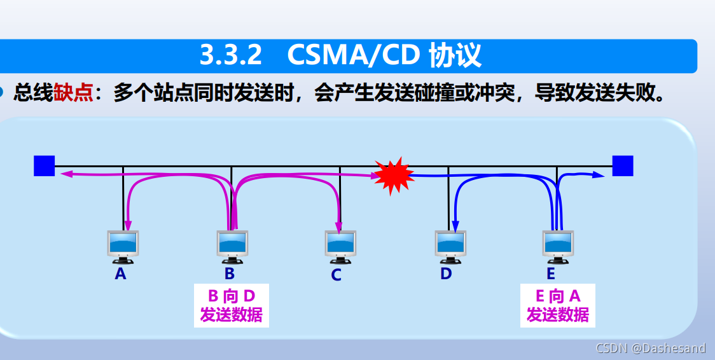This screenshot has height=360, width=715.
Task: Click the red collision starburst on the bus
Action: pyautogui.click(x=393, y=175)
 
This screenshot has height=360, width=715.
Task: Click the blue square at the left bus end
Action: pyautogui.click(x=44, y=165)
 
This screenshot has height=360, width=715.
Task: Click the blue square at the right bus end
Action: pyautogui.click(x=623, y=165)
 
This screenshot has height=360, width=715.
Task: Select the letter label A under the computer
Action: pyautogui.click(x=121, y=274)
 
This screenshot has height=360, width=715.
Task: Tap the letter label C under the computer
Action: pyautogui.click(x=337, y=275)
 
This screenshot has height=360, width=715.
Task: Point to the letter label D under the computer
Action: pyautogui.click(x=446, y=273)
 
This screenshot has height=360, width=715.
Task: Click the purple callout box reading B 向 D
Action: pyautogui.click(x=231, y=305)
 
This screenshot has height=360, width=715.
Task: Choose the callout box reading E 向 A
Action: pyautogui.click(x=557, y=305)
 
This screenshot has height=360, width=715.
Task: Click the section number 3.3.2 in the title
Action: pyautogui.click(x=231, y=56)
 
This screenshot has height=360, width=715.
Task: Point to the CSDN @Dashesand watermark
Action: pyautogui.click(x=650, y=348)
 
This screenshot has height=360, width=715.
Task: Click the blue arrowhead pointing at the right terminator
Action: pyautogui.click(x=599, y=174)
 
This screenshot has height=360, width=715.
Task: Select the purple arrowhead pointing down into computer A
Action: pyautogui.click(x=128, y=225)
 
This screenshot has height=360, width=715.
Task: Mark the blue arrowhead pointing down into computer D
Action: pyautogui.click(x=455, y=225)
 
